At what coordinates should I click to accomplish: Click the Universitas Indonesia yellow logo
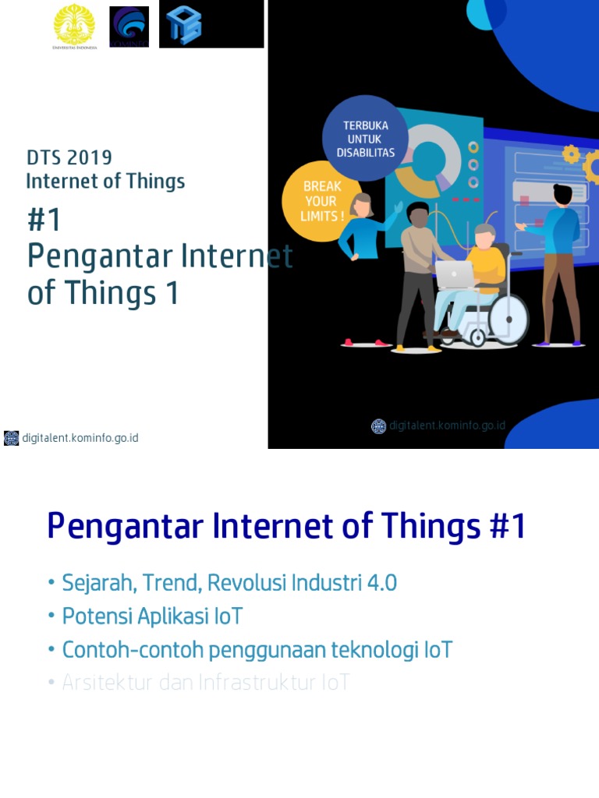(74, 25)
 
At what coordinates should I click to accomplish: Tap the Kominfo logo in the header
(129, 26)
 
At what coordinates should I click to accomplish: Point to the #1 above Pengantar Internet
(44, 221)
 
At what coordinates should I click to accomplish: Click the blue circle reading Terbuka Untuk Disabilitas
(365, 139)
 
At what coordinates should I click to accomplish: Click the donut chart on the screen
(427, 158)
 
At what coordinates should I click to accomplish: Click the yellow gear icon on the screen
(572, 154)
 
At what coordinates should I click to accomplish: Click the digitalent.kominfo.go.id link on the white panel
(80, 438)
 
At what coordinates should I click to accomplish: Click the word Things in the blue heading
(430, 528)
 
